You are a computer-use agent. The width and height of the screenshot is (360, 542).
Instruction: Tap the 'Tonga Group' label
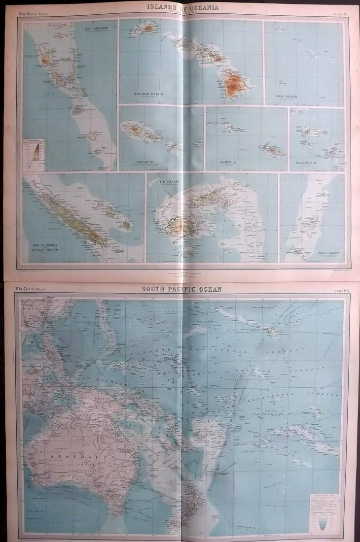(x=324, y=252)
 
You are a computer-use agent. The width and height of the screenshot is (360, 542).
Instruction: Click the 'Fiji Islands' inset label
(x=170, y=181)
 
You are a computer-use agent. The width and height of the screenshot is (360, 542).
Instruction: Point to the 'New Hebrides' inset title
(x=97, y=29)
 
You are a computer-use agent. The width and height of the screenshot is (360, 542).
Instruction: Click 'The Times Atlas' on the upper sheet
(x=31, y=14)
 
